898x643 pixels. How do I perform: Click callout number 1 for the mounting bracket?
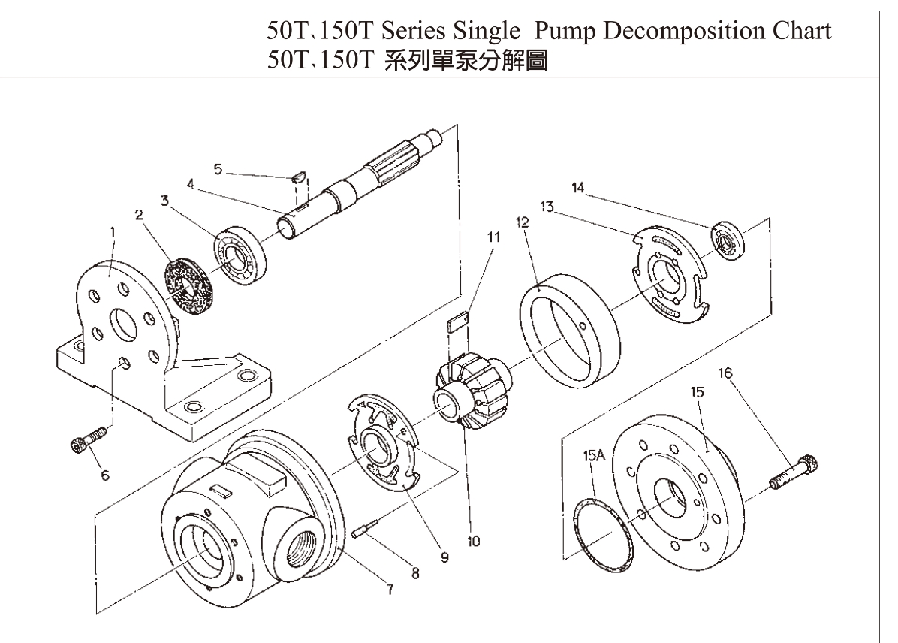(x=112, y=233)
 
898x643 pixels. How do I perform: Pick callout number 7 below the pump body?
(x=390, y=589)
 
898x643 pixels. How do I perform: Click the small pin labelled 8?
(x=363, y=530)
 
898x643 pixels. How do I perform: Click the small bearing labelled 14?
(x=728, y=238)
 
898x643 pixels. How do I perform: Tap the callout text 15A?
(x=591, y=456)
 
